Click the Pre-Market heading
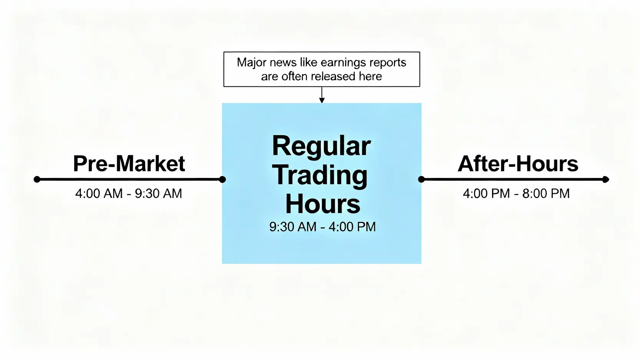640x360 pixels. point(129,164)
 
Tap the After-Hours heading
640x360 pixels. point(518,164)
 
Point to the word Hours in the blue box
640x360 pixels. point(323,203)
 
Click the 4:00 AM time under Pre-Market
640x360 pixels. point(99,193)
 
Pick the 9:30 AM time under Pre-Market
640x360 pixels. point(158,193)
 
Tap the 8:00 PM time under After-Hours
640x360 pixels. point(546,193)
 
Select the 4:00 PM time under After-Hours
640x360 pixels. point(486,193)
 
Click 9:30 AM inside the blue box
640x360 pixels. point(293,227)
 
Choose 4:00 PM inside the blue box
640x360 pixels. point(352,227)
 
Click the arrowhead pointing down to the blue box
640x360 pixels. point(322,100)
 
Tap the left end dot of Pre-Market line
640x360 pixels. point(37,179)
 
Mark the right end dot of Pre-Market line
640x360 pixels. point(222,179)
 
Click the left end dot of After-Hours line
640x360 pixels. point(421,179)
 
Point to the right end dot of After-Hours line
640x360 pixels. point(605,179)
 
